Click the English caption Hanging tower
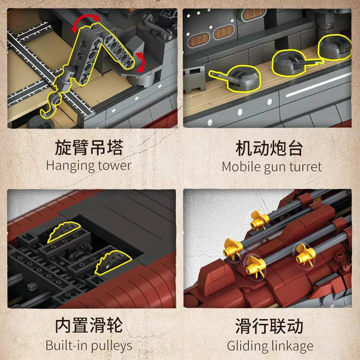pos(89,166)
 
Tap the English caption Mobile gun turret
pos(272,166)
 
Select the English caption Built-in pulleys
pos(89,346)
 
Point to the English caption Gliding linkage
pos(270,346)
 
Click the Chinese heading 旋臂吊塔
pos(89,147)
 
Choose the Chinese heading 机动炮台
pos(270,148)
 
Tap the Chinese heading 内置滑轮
pos(89,325)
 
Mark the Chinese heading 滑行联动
pos(269,326)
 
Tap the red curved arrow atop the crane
pos(85,21)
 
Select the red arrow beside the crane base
pos(140,62)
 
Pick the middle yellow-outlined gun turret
pos(292,63)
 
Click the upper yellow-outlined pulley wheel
pos(64,232)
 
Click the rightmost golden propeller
pos(305,255)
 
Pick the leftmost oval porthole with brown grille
pos(198,40)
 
